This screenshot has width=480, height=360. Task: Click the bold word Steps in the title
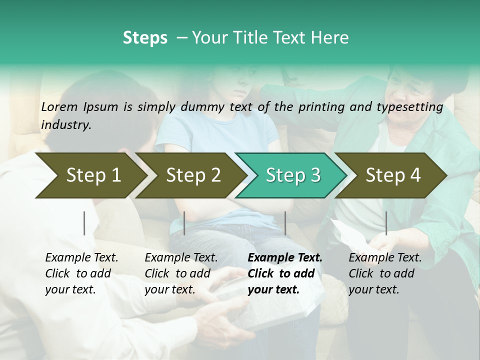[145, 38]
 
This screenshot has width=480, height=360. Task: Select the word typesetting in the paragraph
[413, 106]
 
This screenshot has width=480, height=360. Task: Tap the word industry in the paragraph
[65, 125]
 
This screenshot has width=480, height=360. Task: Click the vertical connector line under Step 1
[84, 223]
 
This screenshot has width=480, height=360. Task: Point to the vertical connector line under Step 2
[184, 223]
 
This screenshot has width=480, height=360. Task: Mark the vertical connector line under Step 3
[285, 223]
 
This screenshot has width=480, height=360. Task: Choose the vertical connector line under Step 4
[386, 223]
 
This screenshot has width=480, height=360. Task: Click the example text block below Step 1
[81, 273]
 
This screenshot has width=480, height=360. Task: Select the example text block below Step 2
[181, 273]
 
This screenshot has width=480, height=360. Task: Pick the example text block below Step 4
[385, 273]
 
